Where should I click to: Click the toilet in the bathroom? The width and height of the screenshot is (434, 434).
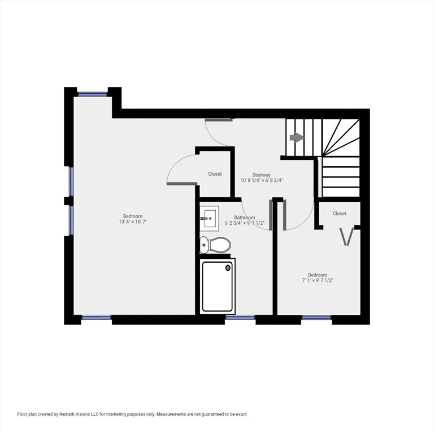215,245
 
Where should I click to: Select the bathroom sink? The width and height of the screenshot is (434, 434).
209,219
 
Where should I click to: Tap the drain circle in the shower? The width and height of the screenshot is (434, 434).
228,267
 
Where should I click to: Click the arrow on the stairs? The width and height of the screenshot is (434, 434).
297,137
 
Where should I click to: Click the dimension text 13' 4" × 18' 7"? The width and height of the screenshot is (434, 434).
133,222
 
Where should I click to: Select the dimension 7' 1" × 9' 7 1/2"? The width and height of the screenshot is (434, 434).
318,280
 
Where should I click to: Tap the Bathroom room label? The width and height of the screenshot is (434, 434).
244,218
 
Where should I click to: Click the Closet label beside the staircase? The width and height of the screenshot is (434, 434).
339,214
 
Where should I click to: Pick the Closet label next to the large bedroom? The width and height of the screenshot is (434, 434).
215,174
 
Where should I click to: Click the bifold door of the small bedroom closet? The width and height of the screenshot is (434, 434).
347,237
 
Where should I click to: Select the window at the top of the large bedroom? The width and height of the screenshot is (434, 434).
93,94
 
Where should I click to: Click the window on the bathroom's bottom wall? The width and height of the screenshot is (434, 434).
240,318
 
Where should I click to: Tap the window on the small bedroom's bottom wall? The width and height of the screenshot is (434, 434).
316,318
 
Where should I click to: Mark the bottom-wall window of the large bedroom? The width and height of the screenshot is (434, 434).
96,318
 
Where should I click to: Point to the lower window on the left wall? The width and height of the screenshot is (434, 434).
71,220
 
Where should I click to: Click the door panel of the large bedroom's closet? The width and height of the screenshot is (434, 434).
182,183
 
